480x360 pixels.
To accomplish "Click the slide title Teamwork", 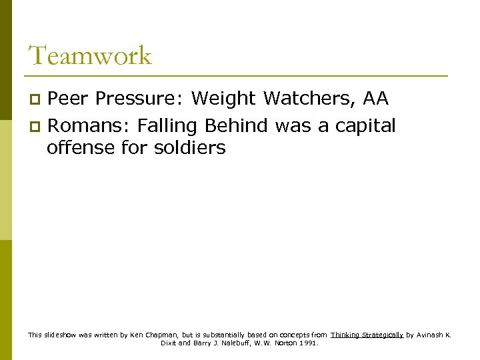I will tap(91, 56).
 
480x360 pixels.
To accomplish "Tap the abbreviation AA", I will tap(375, 99).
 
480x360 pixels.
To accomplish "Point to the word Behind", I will tap(237, 125).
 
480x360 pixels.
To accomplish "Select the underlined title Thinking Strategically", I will tap(367, 335).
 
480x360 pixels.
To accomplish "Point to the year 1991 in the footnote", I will tap(309, 343).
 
